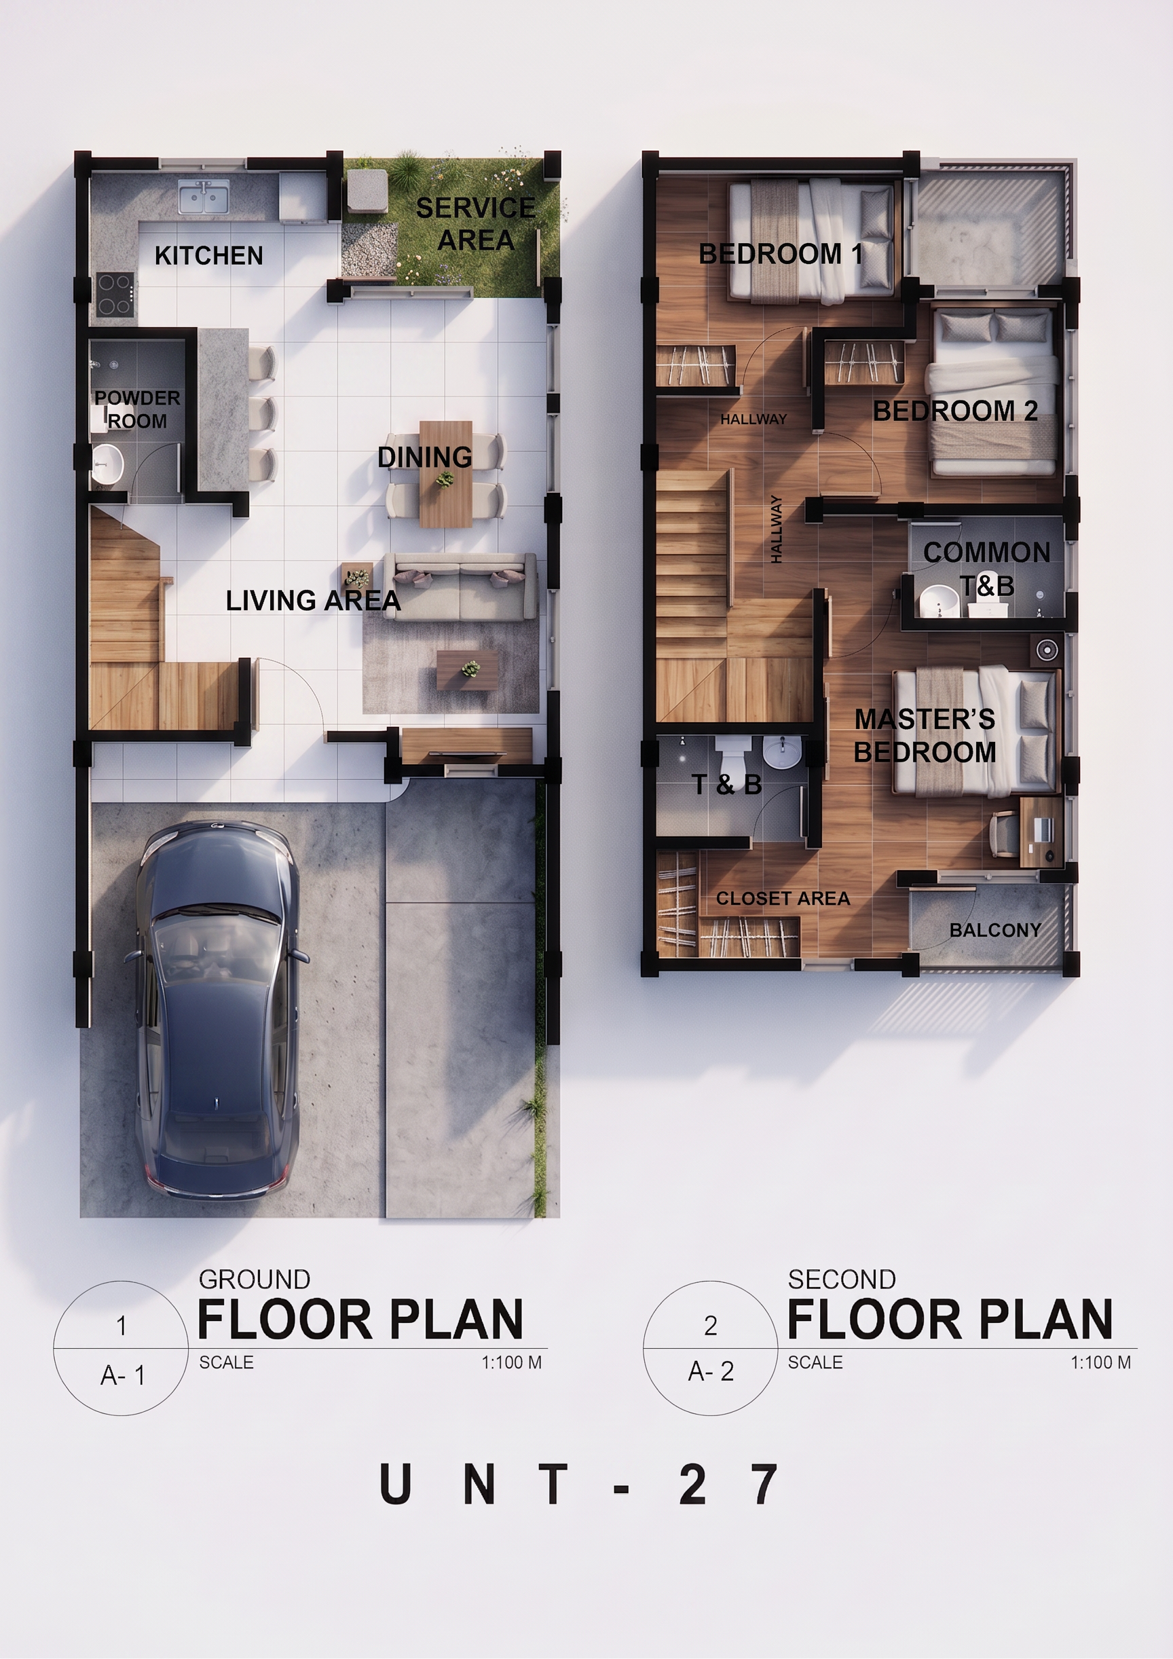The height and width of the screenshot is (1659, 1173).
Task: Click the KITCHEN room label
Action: pyautogui.click(x=209, y=256)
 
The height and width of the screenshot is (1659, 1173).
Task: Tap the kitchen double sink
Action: pyautogui.click(x=204, y=197)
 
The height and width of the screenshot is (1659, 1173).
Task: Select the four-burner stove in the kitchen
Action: pyautogui.click(x=115, y=294)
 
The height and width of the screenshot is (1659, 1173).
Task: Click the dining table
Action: pyautogui.click(x=446, y=474)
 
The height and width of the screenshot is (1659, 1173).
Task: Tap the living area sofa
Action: pyautogui.click(x=460, y=586)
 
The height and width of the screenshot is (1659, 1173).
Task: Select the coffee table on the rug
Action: pyautogui.click(x=467, y=670)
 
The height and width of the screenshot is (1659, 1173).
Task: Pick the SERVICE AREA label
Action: pyautogui.click(x=476, y=224)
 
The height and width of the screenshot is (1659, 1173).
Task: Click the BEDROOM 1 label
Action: pyautogui.click(x=781, y=254)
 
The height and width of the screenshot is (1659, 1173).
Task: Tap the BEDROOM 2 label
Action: pyautogui.click(x=956, y=411)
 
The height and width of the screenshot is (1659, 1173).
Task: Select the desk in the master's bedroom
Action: pyautogui.click(x=1041, y=832)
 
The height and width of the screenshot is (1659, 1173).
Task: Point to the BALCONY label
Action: pyautogui.click(x=995, y=930)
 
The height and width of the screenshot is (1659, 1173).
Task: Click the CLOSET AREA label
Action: pyautogui.click(x=783, y=898)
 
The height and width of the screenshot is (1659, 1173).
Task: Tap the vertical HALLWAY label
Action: pyautogui.click(x=776, y=529)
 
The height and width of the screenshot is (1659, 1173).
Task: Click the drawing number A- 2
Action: pyautogui.click(x=711, y=1371)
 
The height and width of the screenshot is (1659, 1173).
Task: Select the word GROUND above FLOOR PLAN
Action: pyautogui.click(x=255, y=1280)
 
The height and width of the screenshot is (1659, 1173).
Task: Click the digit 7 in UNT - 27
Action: pyautogui.click(x=764, y=1484)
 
